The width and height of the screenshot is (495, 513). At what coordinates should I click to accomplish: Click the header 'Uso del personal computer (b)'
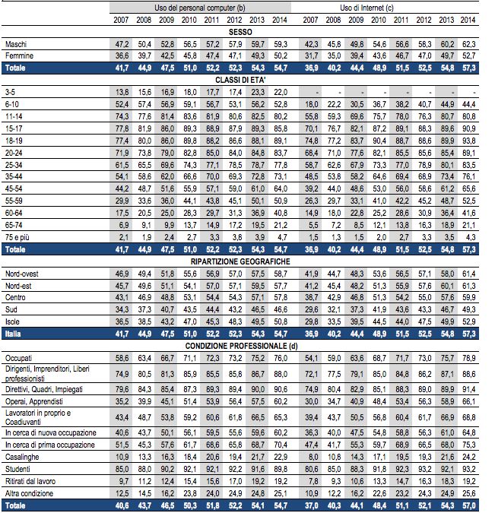[200, 8]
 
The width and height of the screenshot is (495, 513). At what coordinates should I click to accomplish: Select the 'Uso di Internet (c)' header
[366, 8]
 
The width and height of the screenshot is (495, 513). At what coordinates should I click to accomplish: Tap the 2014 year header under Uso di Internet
[468, 20]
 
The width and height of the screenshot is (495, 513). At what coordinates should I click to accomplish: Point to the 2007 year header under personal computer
[121, 20]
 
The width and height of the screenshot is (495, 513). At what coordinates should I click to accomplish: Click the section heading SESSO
[240, 32]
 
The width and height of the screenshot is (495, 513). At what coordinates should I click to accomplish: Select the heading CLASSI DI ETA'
[240, 80]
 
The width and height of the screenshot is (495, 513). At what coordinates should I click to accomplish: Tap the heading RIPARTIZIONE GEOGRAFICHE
[240, 261]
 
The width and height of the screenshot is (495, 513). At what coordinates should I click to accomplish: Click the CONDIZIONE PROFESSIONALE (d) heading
[241, 346]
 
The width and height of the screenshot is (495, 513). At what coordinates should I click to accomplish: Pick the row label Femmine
[19, 56]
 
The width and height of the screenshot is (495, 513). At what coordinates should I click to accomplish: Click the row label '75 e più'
[17, 238]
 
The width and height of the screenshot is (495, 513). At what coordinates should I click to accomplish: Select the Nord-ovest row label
[21, 274]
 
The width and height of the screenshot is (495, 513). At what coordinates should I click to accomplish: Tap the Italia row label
[13, 334]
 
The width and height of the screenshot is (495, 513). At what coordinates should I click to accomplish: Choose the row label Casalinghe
[22, 457]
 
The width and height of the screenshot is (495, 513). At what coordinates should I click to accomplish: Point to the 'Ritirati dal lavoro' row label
[30, 481]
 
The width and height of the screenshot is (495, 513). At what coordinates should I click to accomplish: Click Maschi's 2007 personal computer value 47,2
[122, 45]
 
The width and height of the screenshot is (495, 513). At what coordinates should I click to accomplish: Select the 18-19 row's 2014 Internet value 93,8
[469, 141]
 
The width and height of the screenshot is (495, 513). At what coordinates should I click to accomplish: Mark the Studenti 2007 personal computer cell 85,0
[122, 469]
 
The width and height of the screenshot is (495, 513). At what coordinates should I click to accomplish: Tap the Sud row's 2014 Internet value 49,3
[469, 310]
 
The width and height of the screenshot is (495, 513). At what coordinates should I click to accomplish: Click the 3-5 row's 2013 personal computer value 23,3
[258, 92]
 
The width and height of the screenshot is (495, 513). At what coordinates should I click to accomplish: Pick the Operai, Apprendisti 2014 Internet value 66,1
[469, 402]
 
